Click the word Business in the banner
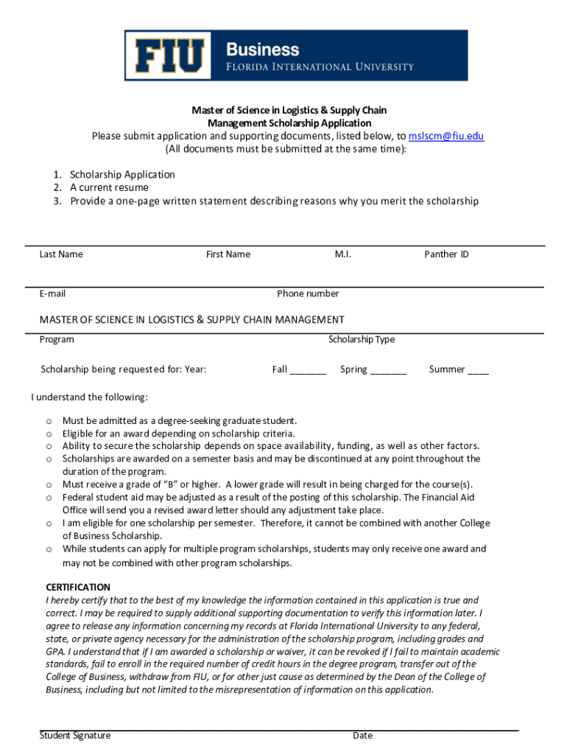point(262,49)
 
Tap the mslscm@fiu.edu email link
point(446,136)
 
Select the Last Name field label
point(61,254)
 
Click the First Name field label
point(228,254)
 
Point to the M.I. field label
point(343,254)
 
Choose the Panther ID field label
point(446,254)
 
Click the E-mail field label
point(52,293)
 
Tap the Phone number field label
point(308,293)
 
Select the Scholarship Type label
point(362,339)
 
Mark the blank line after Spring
point(388,370)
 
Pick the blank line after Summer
point(477,370)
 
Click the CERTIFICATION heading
point(78,588)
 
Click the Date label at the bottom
point(362,735)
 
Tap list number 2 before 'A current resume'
point(57,187)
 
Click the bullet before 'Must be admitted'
point(49,421)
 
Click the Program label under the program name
point(57,339)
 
